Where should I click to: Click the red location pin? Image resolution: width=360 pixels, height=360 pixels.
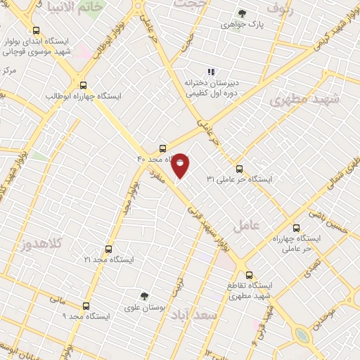click(x=180, y=164)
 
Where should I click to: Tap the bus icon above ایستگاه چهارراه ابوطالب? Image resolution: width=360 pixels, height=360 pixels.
click(x=84, y=84)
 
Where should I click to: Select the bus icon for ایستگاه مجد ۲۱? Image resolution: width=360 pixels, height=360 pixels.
click(x=108, y=249)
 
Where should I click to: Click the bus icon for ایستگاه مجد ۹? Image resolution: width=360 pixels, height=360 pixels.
click(x=86, y=306)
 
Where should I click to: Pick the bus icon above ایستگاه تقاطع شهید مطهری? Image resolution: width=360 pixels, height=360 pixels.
click(x=249, y=275)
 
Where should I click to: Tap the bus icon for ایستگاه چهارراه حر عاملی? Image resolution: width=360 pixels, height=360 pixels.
click(x=296, y=228)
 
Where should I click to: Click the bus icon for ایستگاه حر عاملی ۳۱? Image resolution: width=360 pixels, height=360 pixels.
click(x=239, y=169)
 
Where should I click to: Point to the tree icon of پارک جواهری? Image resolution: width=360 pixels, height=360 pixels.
click(x=242, y=13)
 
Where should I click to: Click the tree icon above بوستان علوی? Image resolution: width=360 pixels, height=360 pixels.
click(x=144, y=296)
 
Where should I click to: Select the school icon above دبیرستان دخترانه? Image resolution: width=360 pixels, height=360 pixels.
click(x=210, y=72)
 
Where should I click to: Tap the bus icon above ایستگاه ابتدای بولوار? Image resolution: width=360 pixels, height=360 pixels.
click(x=37, y=30)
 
